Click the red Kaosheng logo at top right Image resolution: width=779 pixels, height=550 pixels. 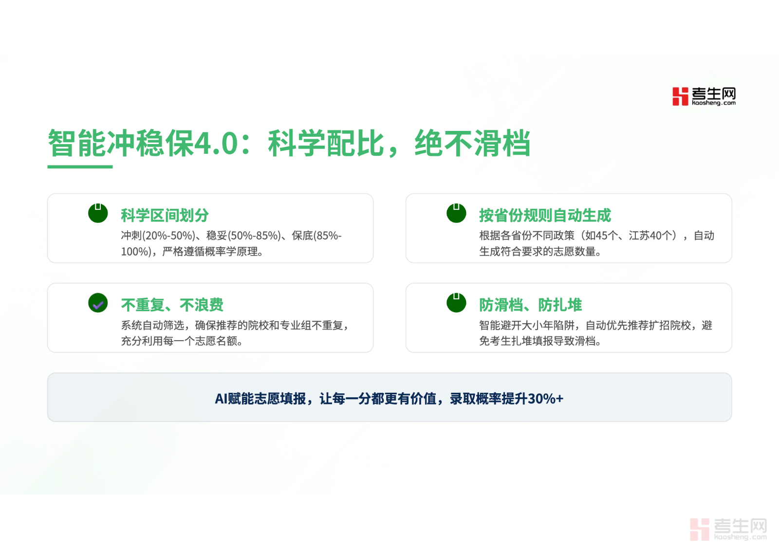click(x=704, y=96)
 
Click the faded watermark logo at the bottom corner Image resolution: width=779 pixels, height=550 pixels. click(x=728, y=529)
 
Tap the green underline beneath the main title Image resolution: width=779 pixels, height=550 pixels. click(x=80, y=167)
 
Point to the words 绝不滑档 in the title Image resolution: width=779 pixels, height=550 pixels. click(x=472, y=143)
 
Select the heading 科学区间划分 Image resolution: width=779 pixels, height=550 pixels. click(x=165, y=215)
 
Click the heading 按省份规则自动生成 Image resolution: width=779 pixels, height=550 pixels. click(x=545, y=215)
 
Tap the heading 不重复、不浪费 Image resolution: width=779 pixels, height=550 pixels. click(x=172, y=305)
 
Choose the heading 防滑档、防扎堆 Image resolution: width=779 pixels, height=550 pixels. click(x=530, y=305)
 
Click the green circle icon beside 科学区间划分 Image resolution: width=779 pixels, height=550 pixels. click(x=98, y=213)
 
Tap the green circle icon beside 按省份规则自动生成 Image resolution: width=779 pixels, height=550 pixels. click(x=456, y=213)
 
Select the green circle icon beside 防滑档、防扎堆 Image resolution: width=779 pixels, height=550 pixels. click(x=456, y=303)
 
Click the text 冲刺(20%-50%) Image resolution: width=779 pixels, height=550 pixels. click(x=158, y=236)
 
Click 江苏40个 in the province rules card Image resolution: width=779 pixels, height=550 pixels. click(x=650, y=236)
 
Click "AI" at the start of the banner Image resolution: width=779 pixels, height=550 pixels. click(x=221, y=399)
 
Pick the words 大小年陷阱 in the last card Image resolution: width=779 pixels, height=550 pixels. click(x=548, y=326)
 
